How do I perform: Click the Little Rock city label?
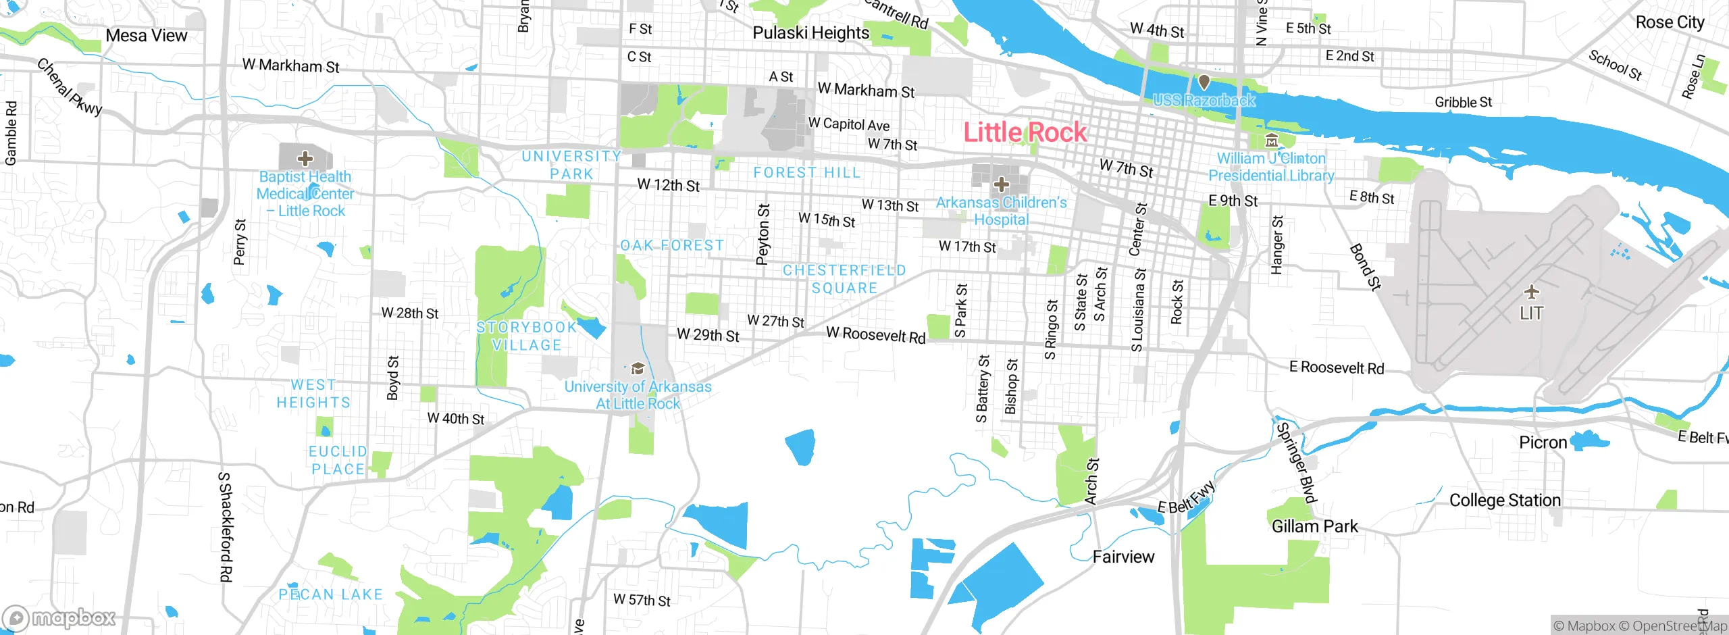click(x=1025, y=132)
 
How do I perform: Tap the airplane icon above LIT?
click(x=1531, y=292)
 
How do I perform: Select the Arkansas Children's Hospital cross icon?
click(x=1001, y=184)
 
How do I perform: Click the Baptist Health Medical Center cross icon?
click(x=305, y=159)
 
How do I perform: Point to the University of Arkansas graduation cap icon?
click(x=637, y=369)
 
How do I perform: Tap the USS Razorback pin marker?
click(x=1204, y=82)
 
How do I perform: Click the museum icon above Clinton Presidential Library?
click(x=1271, y=141)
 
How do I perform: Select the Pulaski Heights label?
click(x=810, y=32)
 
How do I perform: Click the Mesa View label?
click(x=146, y=36)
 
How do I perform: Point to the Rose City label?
click(x=1670, y=22)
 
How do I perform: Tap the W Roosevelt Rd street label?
click(x=875, y=334)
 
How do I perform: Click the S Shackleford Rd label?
click(x=226, y=527)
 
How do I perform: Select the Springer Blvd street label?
click(x=1296, y=463)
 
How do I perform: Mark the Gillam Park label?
click(x=1314, y=526)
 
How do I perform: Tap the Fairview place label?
click(x=1123, y=557)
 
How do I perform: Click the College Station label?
click(x=1505, y=500)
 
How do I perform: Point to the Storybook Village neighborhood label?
click(x=527, y=336)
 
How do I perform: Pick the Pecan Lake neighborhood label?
click(x=330, y=594)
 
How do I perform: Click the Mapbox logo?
click(x=59, y=617)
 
